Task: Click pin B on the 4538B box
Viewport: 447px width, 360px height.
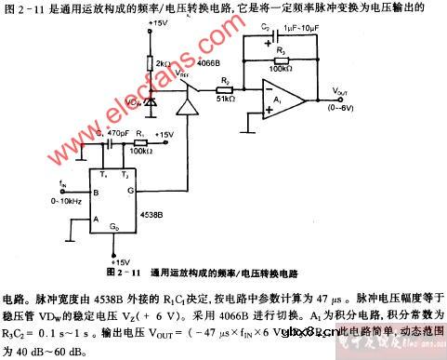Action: [x=96, y=193]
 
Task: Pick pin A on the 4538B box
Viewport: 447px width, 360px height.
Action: [x=96, y=220]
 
